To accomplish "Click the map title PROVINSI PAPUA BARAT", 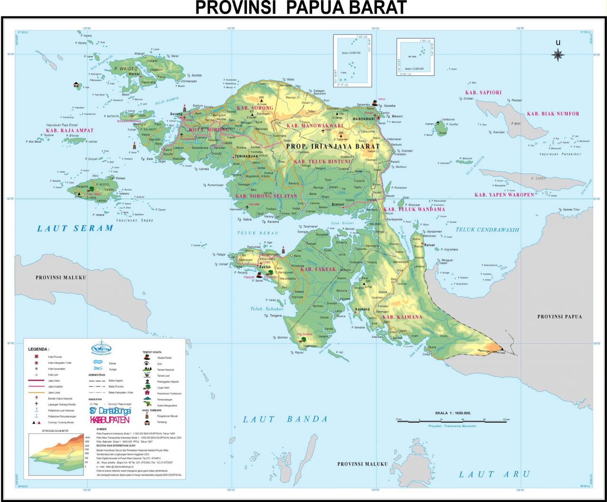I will [x=301, y=8].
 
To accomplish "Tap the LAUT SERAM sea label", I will [x=75, y=228].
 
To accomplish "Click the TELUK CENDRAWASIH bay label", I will [x=487, y=230].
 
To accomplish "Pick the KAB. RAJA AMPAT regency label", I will [x=70, y=130].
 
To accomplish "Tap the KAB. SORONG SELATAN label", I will [x=267, y=196].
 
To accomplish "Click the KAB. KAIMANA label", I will [x=402, y=317].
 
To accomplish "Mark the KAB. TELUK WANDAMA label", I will [x=414, y=209].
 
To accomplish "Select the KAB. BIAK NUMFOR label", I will [x=553, y=114].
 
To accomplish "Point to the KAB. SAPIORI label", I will [x=483, y=92].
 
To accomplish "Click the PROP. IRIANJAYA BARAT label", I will [x=333, y=146].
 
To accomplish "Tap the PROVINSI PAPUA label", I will [x=559, y=317].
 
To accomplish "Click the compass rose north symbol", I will [x=558, y=55].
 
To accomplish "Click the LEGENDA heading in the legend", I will [x=39, y=348].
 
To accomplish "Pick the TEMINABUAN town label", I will [x=245, y=155].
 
